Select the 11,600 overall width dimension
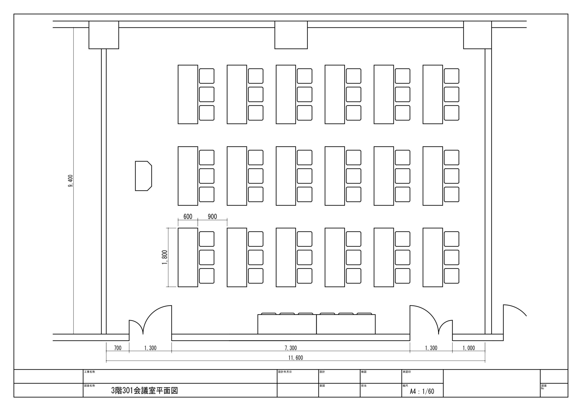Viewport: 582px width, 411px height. pyautogui.click(x=296, y=358)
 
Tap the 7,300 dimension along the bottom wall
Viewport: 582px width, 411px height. pyautogui.click(x=291, y=348)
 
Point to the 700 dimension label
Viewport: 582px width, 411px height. pyautogui.click(x=118, y=348)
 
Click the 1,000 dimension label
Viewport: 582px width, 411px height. pyautogui.click(x=469, y=348)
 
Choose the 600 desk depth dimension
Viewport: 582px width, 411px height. pyautogui.click(x=188, y=217)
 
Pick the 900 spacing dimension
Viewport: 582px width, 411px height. pyautogui.click(x=212, y=217)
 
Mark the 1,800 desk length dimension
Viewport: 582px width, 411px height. pyautogui.click(x=165, y=257)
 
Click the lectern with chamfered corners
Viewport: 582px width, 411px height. pyautogui.click(x=143, y=176)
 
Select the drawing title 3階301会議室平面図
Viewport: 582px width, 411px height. pyautogui.click(x=145, y=391)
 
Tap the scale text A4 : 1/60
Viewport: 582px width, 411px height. pyautogui.click(x=422, y=391)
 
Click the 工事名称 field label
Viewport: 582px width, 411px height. pyautogui.click(x=90, y=372)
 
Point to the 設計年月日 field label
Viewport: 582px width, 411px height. pyautogui.click(x=285, y=372)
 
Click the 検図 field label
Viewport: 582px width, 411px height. pyautogui.click(x=364, y=372)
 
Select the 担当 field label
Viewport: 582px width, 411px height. pyautogui.click(x=364, y=386)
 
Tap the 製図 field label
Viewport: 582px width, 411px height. pyautogui.click(x=322, y=386)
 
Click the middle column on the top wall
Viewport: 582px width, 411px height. pyautogui.click(x=291, y=35)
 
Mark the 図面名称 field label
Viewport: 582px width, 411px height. pyautogui.click(x=90, y=386)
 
